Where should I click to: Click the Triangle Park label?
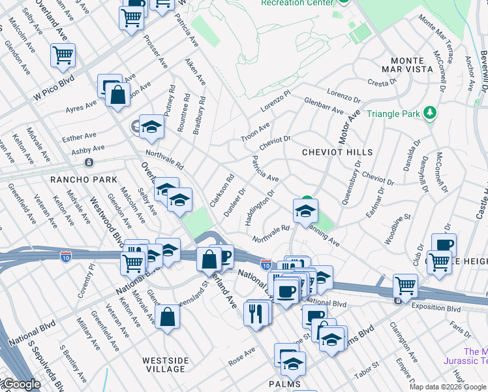pyautogui.click(x=394, y=114)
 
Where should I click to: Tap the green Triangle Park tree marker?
pyautogui.click(x=429, y=113)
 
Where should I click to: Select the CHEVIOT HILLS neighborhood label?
pyautogui.click(x=337, y=152)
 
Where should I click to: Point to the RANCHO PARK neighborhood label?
pyautogui.click(x=89, y=180)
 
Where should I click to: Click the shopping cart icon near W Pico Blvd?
pyautogui.click(x=63, y=56)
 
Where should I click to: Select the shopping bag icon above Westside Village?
pyautogui.click(x=168, y=317)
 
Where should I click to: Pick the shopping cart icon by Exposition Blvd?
pyautogui.click(x=405, y=286)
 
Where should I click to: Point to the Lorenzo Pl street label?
pyautogui.click(x=275, y=101)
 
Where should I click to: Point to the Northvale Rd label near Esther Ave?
pyautogui.click(x=164, y=159)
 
